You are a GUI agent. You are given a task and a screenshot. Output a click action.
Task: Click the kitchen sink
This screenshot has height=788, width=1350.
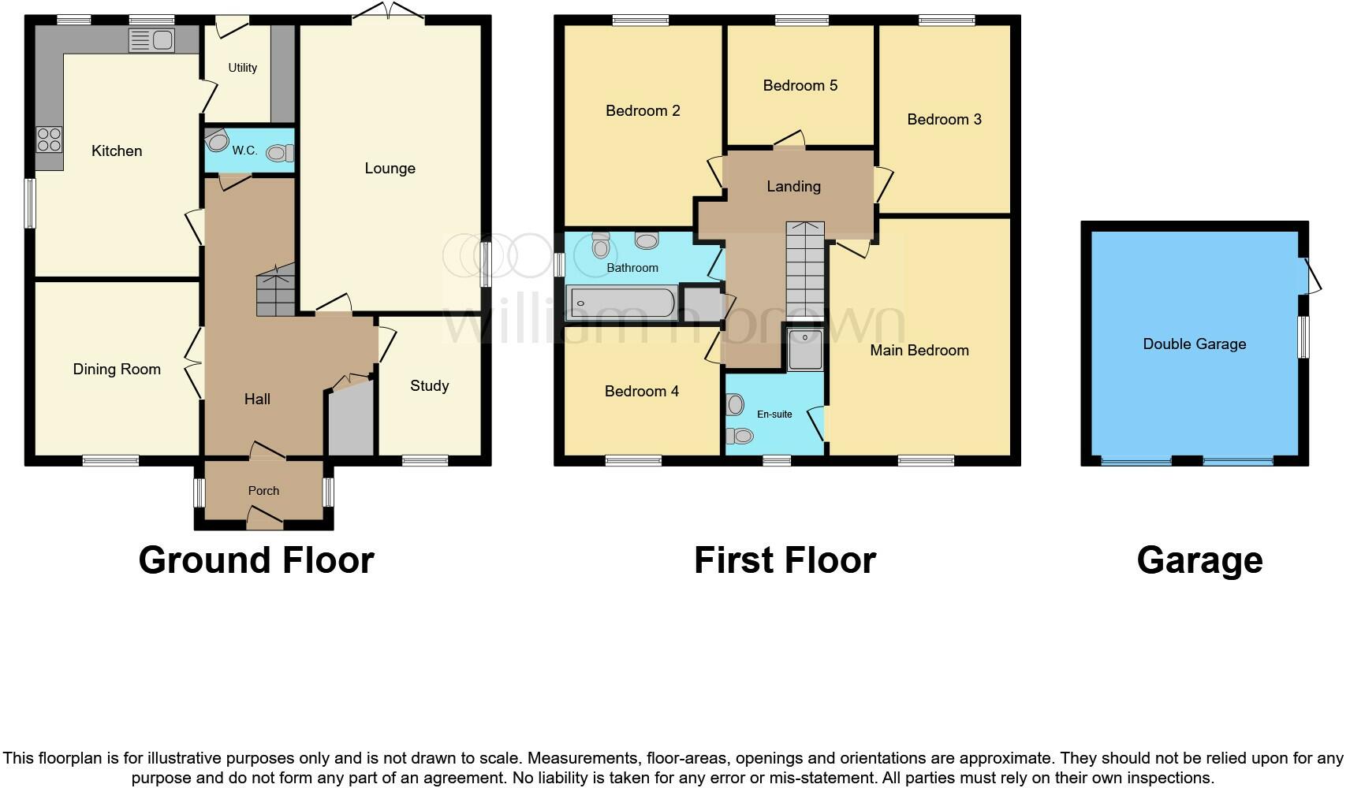click(152, 40)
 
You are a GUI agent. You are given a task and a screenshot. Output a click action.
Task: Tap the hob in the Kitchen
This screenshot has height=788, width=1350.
click(49, 140)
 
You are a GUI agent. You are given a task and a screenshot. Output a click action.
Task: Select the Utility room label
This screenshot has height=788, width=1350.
click(242, 68)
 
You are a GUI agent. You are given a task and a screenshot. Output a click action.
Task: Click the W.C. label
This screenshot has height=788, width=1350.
click(244, 150)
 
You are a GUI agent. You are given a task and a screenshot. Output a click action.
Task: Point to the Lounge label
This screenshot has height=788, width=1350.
click(390, 168)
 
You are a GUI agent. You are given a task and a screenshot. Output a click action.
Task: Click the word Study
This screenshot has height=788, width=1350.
click(429, 385)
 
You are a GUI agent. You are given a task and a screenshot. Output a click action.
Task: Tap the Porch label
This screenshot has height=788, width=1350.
click(263, 490)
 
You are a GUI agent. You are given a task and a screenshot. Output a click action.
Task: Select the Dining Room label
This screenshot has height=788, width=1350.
click(117, 369)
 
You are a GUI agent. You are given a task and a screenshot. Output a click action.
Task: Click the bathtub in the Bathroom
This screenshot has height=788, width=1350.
click(621, 303)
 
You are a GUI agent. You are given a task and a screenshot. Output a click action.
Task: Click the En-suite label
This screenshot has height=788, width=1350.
click(774, 414)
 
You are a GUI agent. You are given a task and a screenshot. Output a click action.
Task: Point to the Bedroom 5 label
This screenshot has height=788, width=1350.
click(800, 85)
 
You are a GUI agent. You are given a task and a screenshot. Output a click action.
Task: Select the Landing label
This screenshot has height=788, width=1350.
click(793, 186)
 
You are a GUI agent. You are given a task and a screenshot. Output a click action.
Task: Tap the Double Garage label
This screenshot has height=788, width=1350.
click(1194, 344)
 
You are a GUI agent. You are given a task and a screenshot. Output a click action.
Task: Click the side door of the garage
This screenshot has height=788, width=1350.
click(1312, 277)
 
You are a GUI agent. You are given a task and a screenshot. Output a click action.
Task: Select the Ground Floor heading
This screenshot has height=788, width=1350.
click(256, 560)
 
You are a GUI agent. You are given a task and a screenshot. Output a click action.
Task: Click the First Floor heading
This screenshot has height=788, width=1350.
click(785, 560)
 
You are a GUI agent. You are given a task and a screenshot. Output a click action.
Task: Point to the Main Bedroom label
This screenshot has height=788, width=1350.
click(919, 350)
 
